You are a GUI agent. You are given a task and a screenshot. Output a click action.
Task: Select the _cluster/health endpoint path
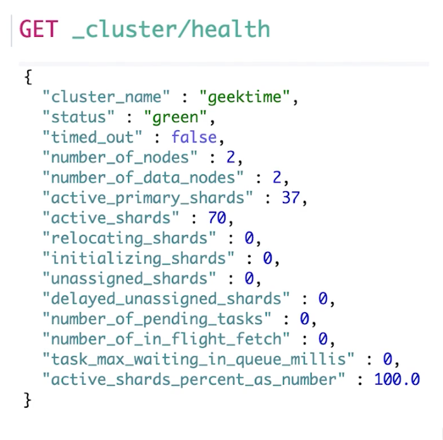pyautogui.click(x=171, y=29)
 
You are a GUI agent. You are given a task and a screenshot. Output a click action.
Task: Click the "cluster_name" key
pyautogui.click(x=106, y=97)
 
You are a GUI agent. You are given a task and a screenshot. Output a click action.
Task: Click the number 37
pyautogui.click(x=290, y=198)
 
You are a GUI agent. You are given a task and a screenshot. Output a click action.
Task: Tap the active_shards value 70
pyautogui.click(x=217, y=218)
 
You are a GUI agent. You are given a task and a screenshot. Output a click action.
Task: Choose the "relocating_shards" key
pyautogui.click(x=129, y=239)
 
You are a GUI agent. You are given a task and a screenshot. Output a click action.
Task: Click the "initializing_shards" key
pyautogui.click(x=138, y=259)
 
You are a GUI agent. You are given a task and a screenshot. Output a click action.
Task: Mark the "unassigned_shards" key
pyautogui.click(x=129, y=279)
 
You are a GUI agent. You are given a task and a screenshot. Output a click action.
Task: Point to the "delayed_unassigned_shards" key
pyautogui.click(x=166, y=299)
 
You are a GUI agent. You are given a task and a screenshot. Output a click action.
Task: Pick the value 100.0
pyautogui.click(x=397, y=380)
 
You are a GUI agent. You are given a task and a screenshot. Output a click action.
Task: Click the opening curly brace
pyautogui.click(x=27, y=77)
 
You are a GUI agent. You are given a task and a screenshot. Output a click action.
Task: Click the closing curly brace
pyautogui.click(x=27, y=400)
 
